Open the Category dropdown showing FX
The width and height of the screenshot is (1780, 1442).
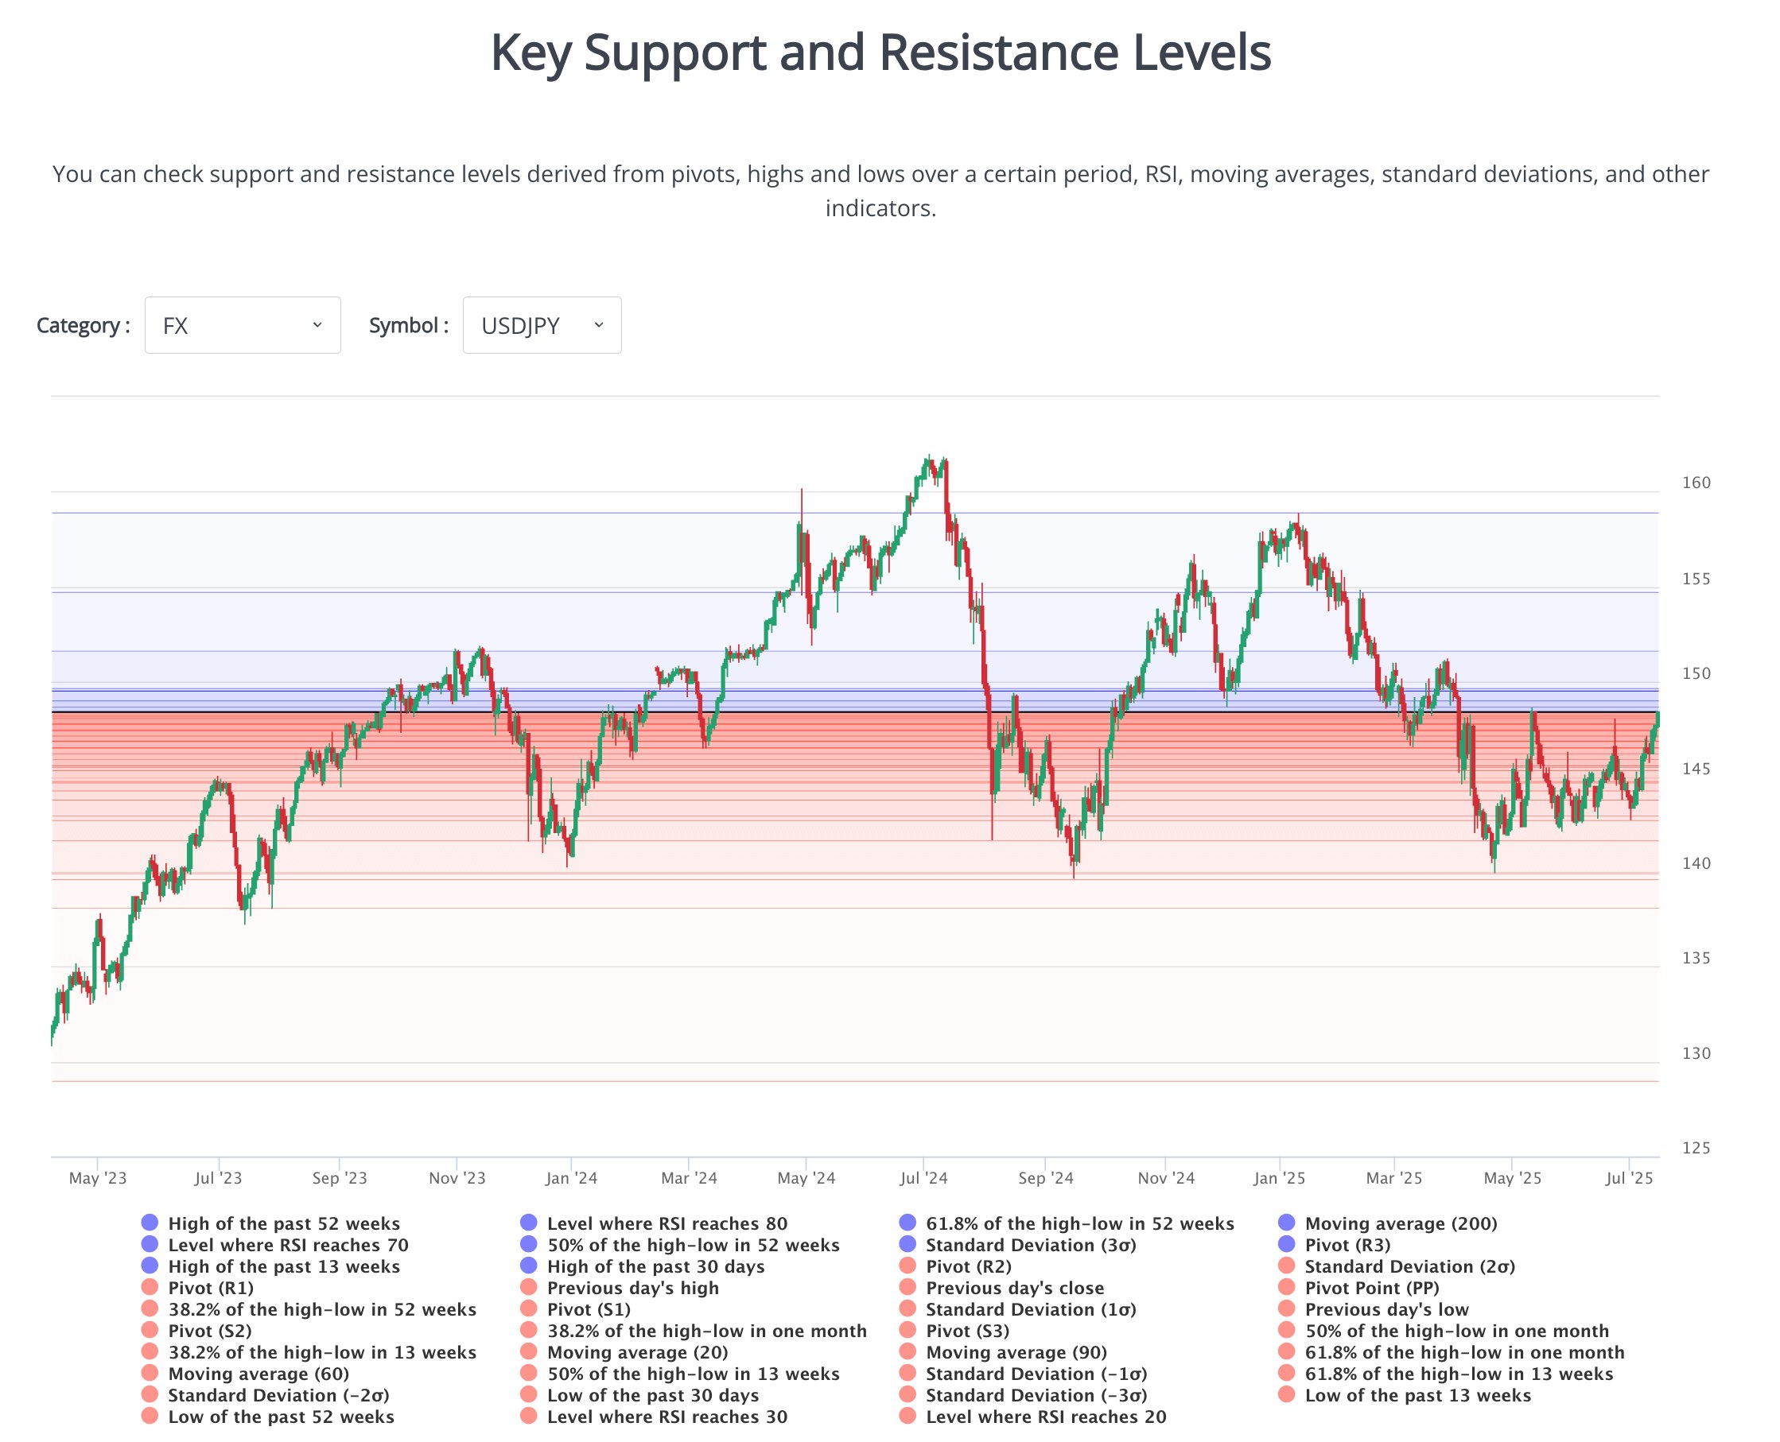[242, 325]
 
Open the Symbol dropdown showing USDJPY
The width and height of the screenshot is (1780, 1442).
[541, 325]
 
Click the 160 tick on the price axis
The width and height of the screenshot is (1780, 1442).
[1695, 483]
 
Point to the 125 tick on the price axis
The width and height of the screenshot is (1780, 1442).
[1695, 1148]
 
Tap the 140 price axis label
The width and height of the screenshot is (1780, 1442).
[1695, 863]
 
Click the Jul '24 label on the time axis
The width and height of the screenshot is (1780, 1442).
[923, 1178]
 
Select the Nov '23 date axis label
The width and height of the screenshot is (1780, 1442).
[457, 1178]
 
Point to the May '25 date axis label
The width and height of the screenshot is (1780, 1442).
[1512, 1178]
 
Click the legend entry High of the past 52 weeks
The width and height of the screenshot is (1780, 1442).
[283, 1223]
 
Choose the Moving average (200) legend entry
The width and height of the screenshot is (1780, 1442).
[1401, 1223]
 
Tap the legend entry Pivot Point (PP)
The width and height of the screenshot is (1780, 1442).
[1371, 1289]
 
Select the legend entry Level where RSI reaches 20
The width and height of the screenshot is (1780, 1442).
[1045, 1417]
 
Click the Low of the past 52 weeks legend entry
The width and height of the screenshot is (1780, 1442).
[281, 1417]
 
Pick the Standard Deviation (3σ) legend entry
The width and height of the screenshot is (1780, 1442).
[1031, 1245]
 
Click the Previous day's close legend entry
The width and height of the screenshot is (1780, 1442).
[1015, 1289]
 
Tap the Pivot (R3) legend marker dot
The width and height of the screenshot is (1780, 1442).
[1286, 1244]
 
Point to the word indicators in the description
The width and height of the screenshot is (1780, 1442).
[880, 207]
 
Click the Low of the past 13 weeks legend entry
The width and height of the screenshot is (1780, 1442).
[1417, 1395]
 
